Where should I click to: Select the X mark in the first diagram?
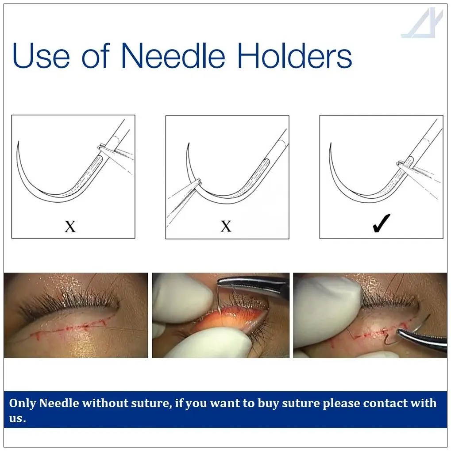tap(70, 227)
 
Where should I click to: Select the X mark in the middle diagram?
tap(226, 227)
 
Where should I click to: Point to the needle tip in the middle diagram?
tap(188, 144)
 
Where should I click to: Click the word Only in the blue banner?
tap(22, 403)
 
